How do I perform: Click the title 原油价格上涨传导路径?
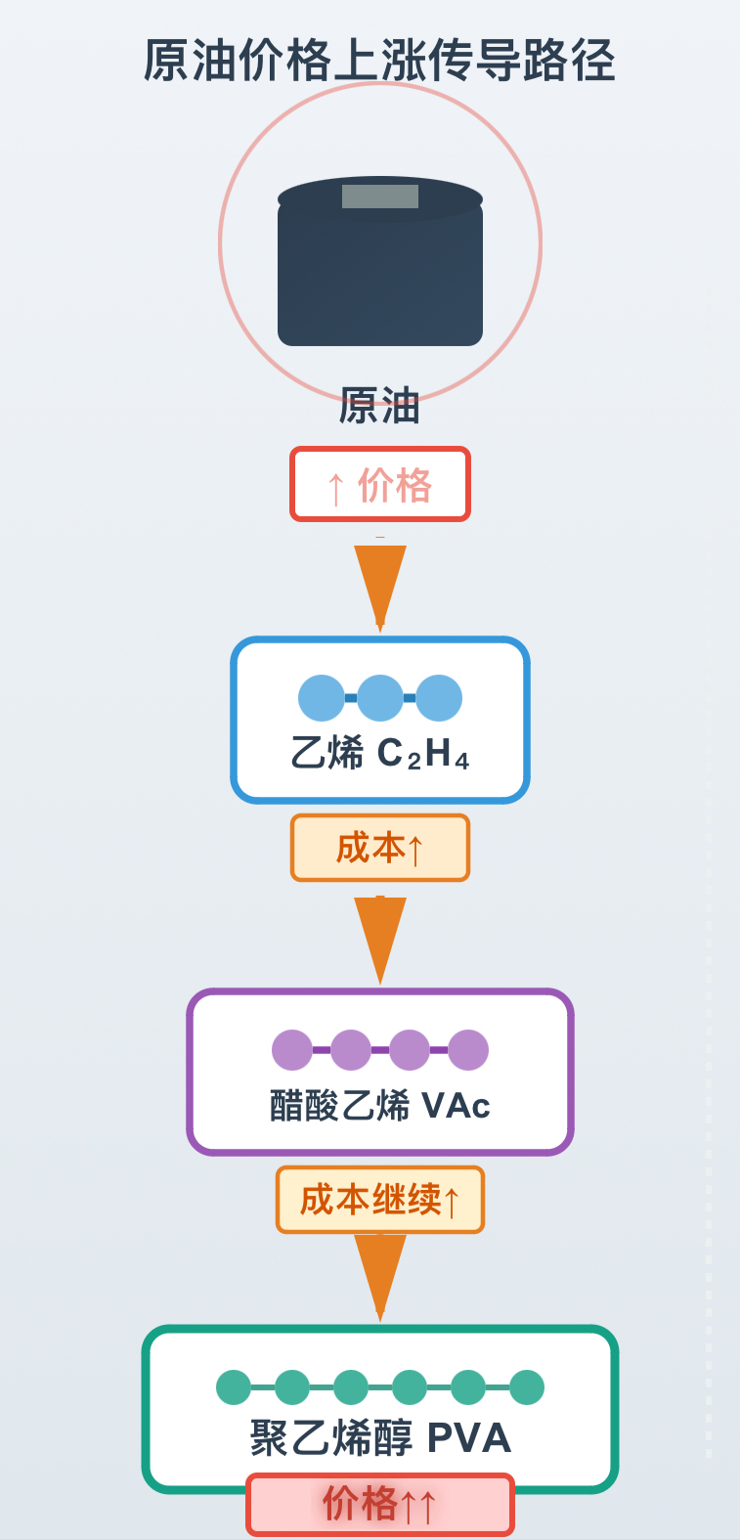(379, 61)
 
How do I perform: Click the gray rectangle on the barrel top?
(379, 197)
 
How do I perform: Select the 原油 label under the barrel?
(379, 406)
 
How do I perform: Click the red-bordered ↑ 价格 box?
(379, 484)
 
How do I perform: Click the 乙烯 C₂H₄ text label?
(379, 753)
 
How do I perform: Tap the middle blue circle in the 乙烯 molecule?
(379, 698)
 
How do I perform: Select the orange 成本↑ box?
(379, 848)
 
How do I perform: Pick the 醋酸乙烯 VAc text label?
(379, 1106)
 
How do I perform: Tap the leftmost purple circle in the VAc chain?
(291, 1050)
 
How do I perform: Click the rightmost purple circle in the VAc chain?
(468, 1050)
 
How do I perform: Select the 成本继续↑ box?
(379, 1200)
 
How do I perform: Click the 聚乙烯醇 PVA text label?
(379, 1438)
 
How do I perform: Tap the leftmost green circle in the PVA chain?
(234, 1387)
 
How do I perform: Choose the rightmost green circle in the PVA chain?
(527, 1387)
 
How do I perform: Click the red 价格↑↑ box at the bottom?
(379, 1505)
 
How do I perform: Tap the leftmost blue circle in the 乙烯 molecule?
(322, 698)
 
